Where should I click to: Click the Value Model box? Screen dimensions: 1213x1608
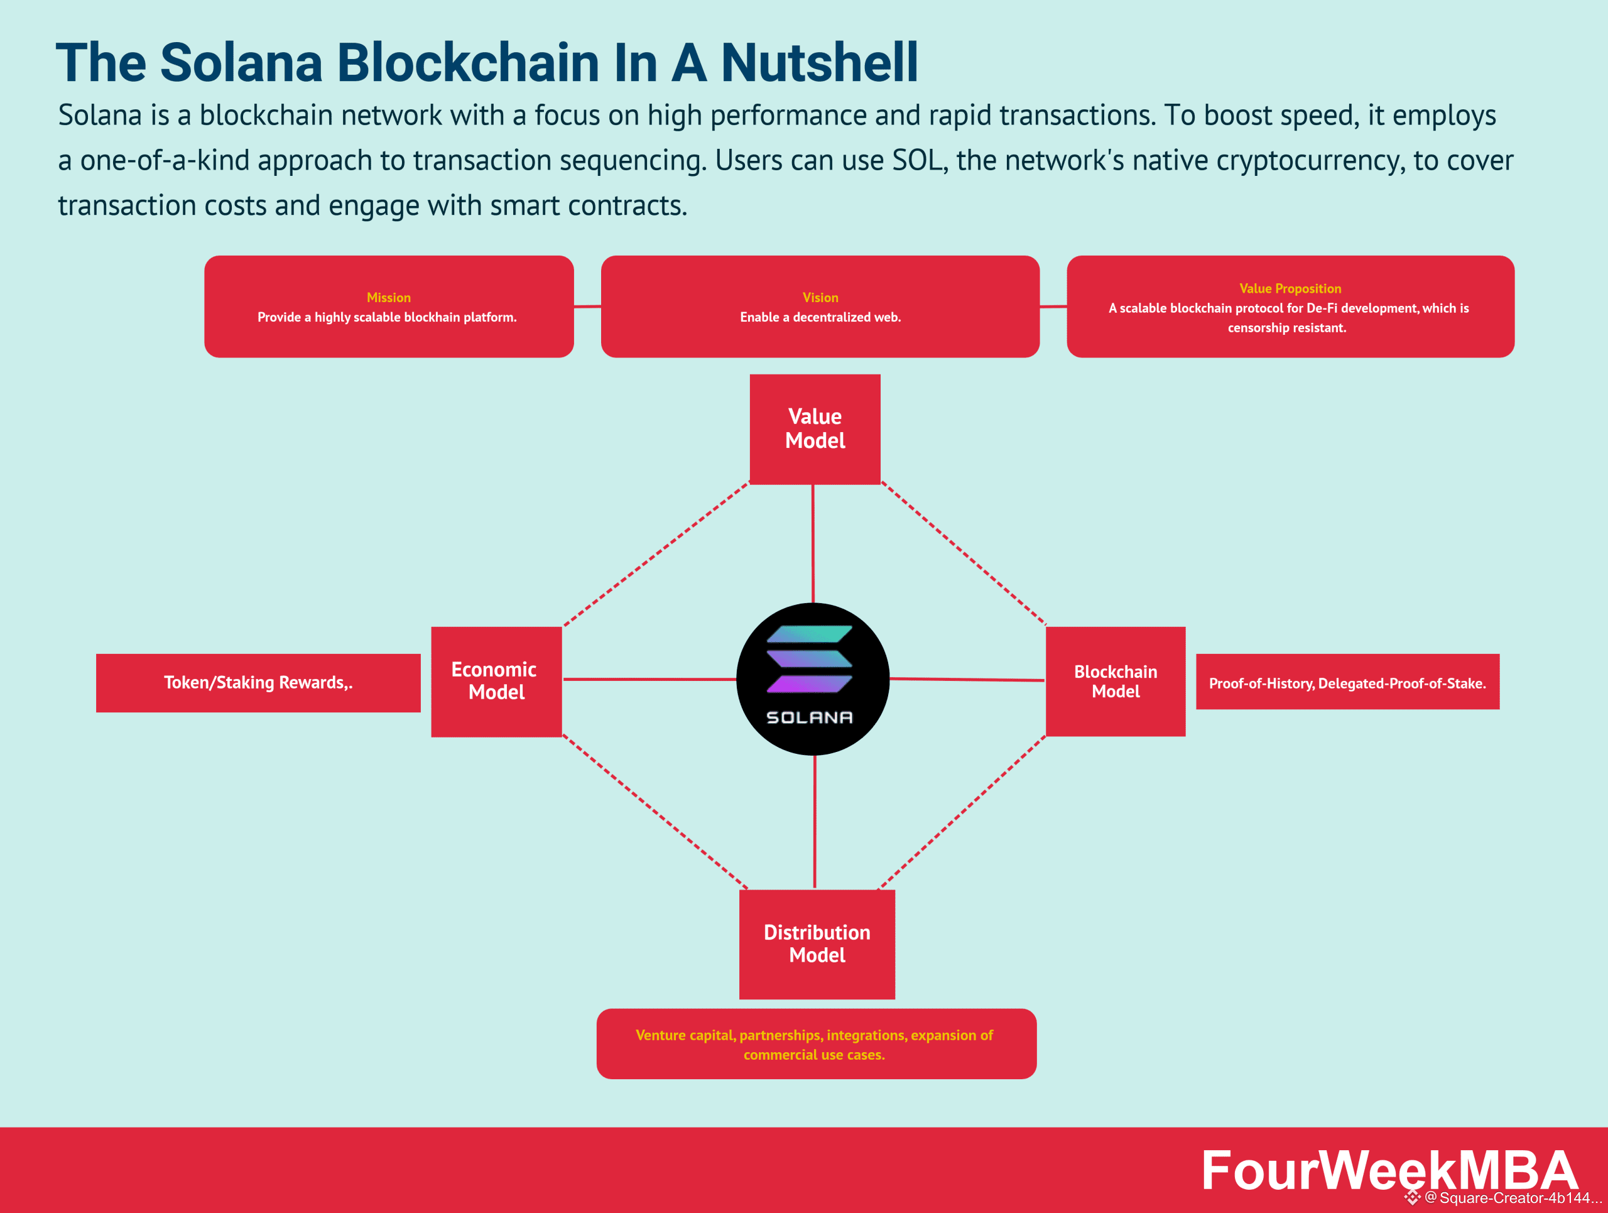(x=815, y=429)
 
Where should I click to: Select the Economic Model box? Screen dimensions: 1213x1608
(x=496, y=681)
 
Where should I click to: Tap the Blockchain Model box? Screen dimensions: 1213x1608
(x=1115, y=681)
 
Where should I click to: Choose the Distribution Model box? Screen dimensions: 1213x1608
(x=817, y=944)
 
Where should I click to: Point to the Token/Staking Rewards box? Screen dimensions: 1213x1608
(x=258, y=682)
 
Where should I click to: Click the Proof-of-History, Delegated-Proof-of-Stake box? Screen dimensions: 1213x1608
(x=1347, y=682)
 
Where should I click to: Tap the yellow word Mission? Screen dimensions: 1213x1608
(x=388, y=297)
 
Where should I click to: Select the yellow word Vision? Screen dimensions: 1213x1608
(x=820, y=297)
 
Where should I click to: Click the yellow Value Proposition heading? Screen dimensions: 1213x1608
(x=1290, y=288)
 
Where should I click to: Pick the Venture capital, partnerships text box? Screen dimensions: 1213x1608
(x=816, y=1043)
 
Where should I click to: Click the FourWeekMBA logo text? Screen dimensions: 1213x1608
(x=1388, y=1170)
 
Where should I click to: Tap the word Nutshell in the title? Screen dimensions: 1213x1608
(x=819, y=63)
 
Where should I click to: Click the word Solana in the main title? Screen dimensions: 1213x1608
(x=241, y=63)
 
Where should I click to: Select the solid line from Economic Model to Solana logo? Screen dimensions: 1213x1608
(x=649, y=680)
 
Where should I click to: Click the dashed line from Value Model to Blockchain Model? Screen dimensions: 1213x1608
(x=963, y=553)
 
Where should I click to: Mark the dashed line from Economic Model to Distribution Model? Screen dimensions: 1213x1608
(x=655, y=812)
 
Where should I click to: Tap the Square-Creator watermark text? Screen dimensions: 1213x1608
(x=1512, y=1198)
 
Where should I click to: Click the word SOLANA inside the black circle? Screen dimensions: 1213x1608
(x=809, y=717)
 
